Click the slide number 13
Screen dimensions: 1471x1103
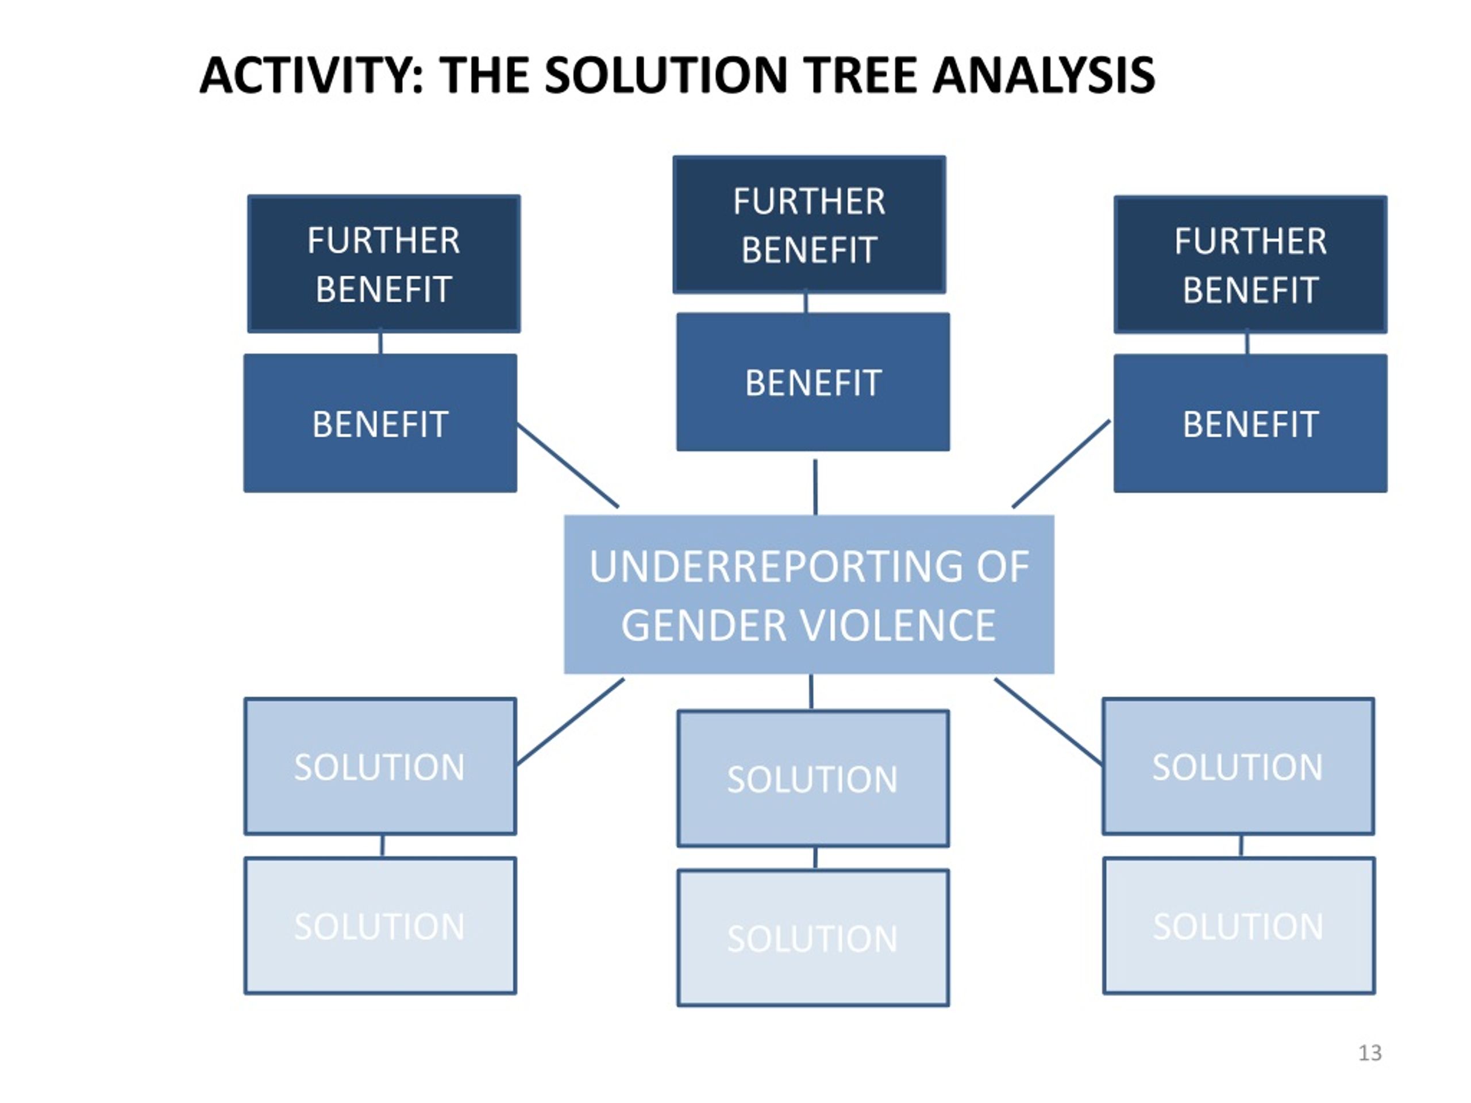tap(1370, 1052)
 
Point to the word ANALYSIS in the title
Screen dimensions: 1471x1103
tap(1044, 75)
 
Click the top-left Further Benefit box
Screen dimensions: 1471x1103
tap(384, 264)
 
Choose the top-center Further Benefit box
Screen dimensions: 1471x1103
tap(809, 225)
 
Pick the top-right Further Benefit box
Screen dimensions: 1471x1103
tap(1250, 265)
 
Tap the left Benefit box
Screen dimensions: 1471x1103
tap(380, 423)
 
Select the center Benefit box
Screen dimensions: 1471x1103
tap(813, 382)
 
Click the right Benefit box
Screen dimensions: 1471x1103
tap(1250, 423)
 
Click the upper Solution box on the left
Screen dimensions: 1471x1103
tap(380, 766)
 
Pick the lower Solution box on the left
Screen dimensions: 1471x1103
tap(380, 925)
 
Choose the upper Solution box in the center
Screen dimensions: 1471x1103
tap(813, 778)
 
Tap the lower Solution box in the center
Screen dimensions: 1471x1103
tap(813, 938)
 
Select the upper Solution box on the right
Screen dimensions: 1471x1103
tap(1238, 766)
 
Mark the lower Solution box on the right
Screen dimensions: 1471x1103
tap(1238, 925)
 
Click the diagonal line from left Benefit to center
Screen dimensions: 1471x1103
tap(568, 465)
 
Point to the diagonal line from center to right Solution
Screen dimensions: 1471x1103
tap(1048, 722)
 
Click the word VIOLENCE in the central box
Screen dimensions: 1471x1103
tap(898, 626)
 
